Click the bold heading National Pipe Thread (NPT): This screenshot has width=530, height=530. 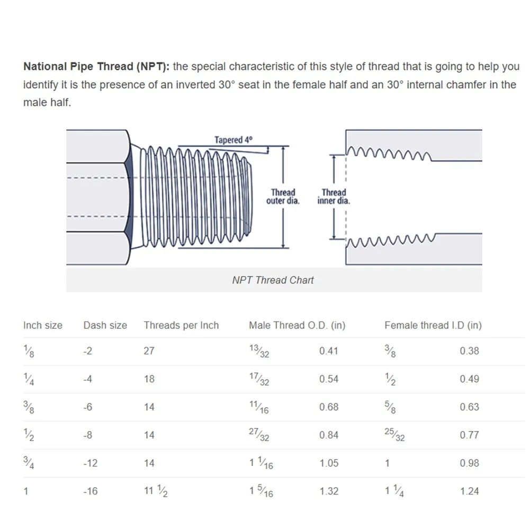pos(97,67)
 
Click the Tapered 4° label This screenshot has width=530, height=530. pos(233,140)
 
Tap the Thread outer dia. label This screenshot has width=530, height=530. pos(283,196)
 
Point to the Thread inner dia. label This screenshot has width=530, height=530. pos(334,196)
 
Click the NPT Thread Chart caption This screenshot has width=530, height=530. pos(273,280)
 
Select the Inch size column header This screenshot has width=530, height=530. pos(43,326)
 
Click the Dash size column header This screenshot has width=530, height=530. pos(105,326)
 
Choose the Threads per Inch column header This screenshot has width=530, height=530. pos(181,326)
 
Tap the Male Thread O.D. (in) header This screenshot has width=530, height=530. pos(297,326)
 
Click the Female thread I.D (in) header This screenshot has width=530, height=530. pos(433,326)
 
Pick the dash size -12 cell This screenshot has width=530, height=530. pos(91,463)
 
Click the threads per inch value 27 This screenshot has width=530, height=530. pos(149,351)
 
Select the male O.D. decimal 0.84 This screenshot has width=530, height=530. pos(329,435)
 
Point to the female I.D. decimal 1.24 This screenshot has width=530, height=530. pos(470,491)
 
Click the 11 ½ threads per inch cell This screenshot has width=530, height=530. pos(156,491)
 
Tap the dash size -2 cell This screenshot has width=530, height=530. pos(88,351)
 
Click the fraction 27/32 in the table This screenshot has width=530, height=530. pos(259,435)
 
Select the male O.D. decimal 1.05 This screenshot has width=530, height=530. pos(329,463)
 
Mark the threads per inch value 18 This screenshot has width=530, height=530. pos(149,379)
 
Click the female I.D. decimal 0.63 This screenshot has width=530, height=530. pos(470,407)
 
